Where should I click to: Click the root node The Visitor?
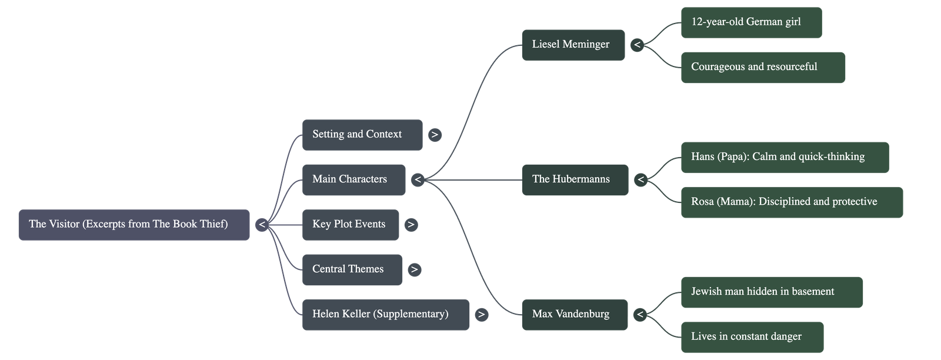(134, 225)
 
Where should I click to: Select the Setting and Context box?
(362, 135)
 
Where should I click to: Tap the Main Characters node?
(353, 179)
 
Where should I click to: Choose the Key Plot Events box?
(350, 225)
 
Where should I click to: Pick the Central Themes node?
(352, 269)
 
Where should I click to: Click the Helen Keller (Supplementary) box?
(385, 314)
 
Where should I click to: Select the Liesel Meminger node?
(573, 45)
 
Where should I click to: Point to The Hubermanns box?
(575, 179)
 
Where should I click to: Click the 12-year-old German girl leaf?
(750, 22)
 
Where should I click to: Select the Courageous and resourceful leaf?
(763, 67)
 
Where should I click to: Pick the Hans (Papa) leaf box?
(784, 157)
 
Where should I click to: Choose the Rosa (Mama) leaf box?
(791, 202)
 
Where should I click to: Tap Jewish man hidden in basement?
(771, 292)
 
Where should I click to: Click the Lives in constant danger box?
(752, 337)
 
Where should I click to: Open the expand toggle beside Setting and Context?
(435, 135)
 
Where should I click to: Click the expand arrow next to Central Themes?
(415, 269)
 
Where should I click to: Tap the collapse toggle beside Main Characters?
(418, 179)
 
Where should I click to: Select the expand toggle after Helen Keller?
(482, 314)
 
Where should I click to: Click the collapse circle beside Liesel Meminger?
(637, 45)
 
